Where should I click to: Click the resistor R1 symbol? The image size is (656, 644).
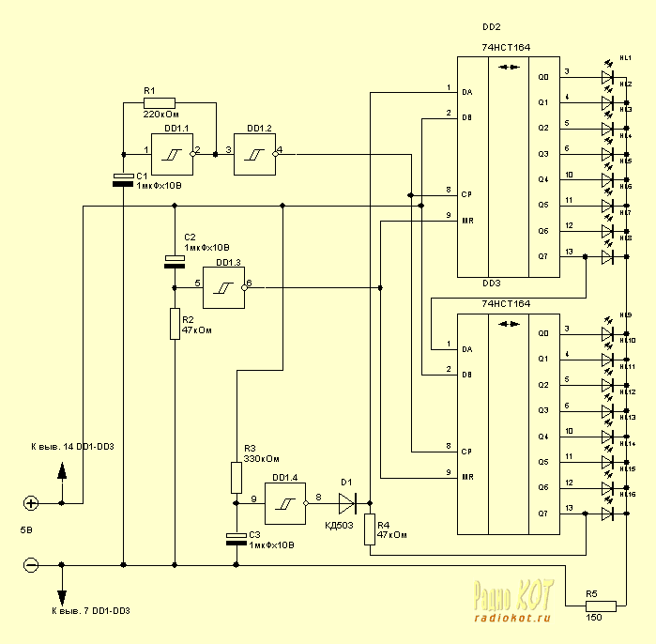pos(160,102)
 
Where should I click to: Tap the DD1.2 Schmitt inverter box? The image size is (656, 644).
pos(254,150)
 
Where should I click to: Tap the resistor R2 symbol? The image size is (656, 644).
pos(175,323)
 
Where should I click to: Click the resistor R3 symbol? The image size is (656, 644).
pos(236,477)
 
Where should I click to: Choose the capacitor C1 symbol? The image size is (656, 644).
pos(123,179)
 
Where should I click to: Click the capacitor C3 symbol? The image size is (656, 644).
pos(236,538)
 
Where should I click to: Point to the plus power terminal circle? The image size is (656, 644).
pos(31,503)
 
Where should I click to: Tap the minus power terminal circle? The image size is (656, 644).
pos(31,565)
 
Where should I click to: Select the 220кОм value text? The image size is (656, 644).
pos(160,115)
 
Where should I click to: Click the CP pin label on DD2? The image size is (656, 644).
pos(466,194)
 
